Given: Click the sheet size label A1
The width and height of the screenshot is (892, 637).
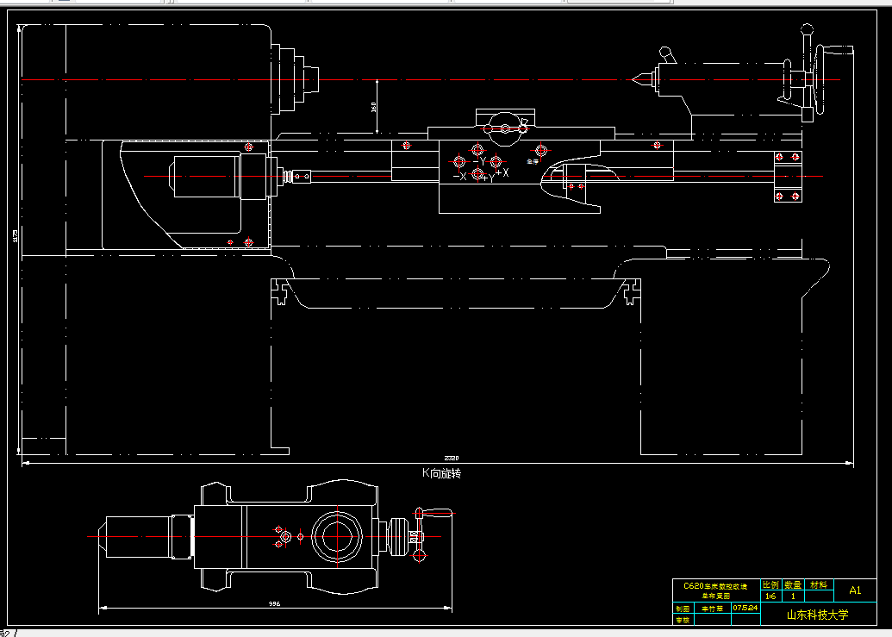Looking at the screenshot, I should click(x=855, y=590).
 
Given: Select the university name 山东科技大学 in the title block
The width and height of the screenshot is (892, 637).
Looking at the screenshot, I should click(x=817, y=615).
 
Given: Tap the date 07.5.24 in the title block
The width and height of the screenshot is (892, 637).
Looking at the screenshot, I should click(x=745, y=608).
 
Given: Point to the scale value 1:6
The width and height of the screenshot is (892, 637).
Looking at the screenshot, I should click(x=770, y=596).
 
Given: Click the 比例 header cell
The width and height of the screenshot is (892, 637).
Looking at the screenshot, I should click(x=770, y=584).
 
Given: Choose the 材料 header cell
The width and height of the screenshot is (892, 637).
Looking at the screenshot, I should click(x=819, y=584).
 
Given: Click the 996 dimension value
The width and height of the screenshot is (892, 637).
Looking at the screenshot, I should click(x=274, y=603).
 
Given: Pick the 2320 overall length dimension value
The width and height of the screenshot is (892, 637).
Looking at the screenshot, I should click(x=452, y=458).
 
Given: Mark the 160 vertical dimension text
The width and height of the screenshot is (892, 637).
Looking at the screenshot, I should click(x=373, y=107).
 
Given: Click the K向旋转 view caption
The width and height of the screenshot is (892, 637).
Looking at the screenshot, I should click(x=440, y=473).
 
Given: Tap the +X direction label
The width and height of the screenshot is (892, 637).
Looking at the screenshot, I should click(x=502, y=173).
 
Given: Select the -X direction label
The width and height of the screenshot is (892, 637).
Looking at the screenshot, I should click(x=459, y=177).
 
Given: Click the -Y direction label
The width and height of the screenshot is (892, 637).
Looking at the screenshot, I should click(x=480, y=161).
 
